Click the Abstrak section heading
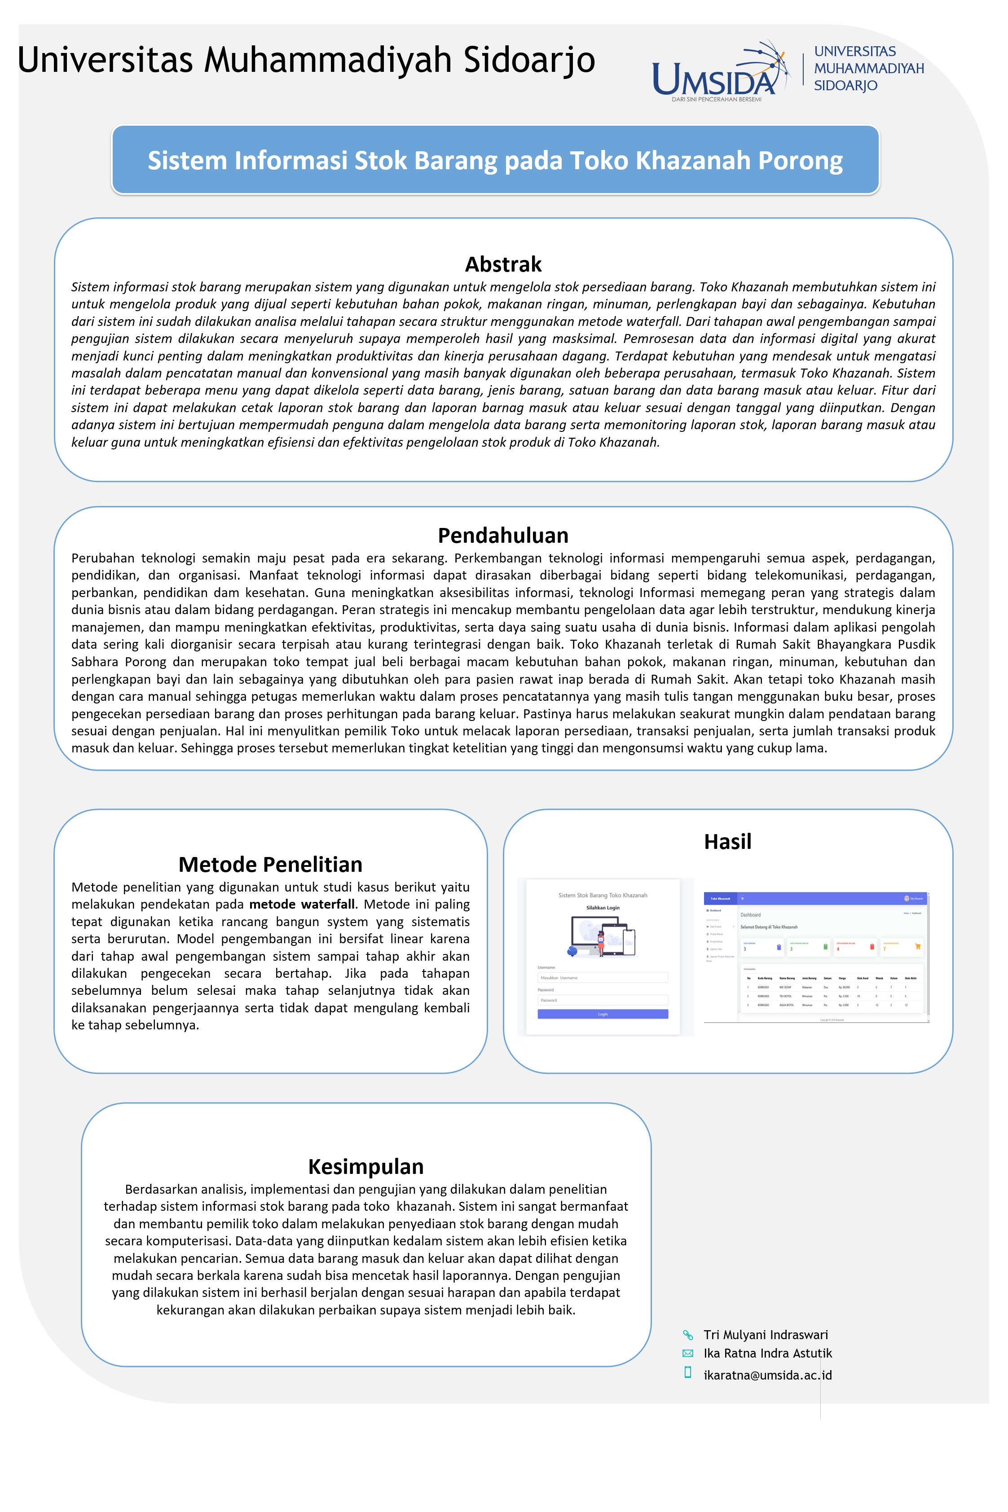[x=503, y=264]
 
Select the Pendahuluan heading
[x=503, y=535]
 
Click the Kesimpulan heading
[x=366, y=1166]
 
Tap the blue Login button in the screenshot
[x=603, y=1014]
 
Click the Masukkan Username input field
[x=603, y=977]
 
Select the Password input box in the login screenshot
[x=603, y=1000]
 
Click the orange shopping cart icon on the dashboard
[x=917, y=946]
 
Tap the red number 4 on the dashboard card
[x=838, y=949]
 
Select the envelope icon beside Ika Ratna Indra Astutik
[x=687, y=1353]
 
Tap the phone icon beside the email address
[x=687, y=1372]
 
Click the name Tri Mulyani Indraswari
[x=765, y=1335]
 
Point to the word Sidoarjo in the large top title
[x=529, y=60]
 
